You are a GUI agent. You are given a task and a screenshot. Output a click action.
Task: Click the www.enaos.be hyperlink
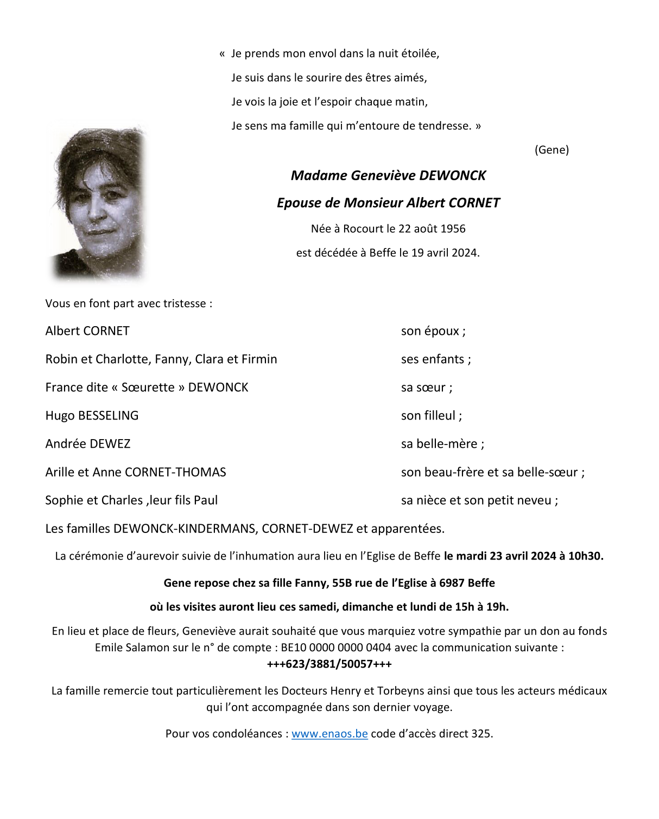[329, 734]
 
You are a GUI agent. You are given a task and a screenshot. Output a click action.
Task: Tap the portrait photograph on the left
[98, 202]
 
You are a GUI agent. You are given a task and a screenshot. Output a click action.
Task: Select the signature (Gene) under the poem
[552, 150]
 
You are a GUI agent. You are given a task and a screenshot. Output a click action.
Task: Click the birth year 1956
[453, 228]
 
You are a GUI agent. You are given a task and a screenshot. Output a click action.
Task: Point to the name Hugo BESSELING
[92, 416]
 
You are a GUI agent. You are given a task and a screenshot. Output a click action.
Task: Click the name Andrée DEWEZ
[88, 444]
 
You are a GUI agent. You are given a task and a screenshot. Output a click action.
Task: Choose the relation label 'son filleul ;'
[432, 416]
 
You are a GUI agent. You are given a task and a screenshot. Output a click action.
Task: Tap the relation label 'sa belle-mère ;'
[442, 444]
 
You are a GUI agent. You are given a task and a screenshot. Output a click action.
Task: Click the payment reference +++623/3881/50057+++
[329, 664]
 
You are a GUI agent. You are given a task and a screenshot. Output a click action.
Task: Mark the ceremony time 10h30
[586, 556]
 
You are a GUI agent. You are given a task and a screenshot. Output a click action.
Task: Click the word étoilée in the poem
[420, 53]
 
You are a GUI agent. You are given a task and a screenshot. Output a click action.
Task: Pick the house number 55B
[342, 583]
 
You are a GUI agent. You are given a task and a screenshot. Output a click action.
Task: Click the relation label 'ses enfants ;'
[436, 359]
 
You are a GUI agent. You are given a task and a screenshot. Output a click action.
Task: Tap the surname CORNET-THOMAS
[175, 472]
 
